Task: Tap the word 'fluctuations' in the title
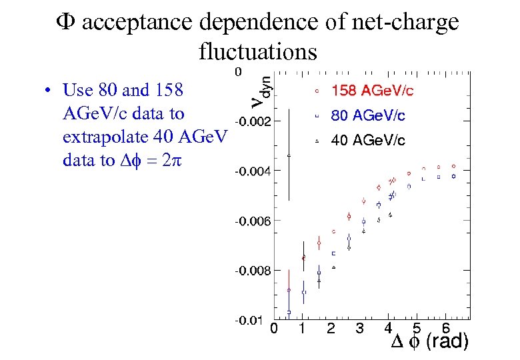click(x=257, y=50)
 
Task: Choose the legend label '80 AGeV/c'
click(x=368, y=116)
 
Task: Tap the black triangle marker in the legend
click(x=318, y=141)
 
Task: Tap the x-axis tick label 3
click(x=359, y=328)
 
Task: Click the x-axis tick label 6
click(x=445, y=328)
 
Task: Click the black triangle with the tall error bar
click(x=289, y=155)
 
